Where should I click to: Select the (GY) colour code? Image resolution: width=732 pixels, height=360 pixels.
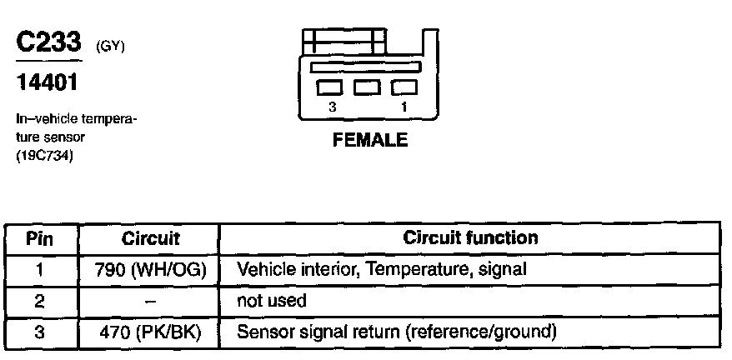(x=110, y=47)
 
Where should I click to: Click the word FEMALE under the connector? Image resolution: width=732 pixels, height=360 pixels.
(x=369, y=141)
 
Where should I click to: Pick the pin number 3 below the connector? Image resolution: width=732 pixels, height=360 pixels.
(x=332, y=107)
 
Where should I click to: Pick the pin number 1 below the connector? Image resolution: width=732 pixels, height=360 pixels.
(x=404, y=107)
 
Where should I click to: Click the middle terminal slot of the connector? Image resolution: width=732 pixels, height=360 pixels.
(x=368, y=87)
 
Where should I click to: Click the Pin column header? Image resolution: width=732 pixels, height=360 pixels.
(x=40, y=239)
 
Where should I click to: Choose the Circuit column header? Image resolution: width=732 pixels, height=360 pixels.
(x=151, y=239)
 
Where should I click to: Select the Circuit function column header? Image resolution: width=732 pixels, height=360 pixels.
(x=470, y=237)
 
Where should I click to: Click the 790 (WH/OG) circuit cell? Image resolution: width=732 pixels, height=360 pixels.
(x=152, y=270)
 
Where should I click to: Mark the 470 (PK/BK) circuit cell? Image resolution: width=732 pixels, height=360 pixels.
(x=152, y=332)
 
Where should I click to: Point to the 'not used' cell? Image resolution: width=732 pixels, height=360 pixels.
(x=272, y=301)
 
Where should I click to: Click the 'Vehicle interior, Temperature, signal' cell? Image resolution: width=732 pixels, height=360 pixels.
(x=382, y=270)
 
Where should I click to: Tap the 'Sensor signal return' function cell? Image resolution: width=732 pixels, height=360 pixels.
(x=396, y=332)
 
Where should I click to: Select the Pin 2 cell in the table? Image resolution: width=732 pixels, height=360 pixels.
(x=39, y=301)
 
